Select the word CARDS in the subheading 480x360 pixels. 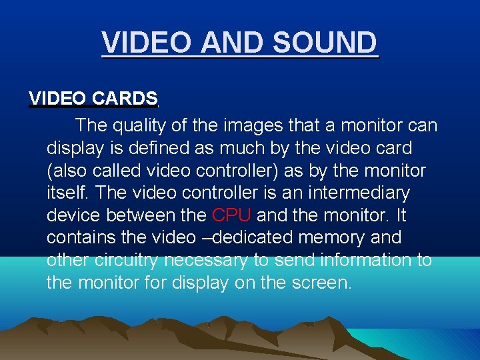coord(125,99)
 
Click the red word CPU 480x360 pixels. coord(231,215)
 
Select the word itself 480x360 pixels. coord(69,193)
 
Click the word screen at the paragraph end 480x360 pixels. coord(320,283)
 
